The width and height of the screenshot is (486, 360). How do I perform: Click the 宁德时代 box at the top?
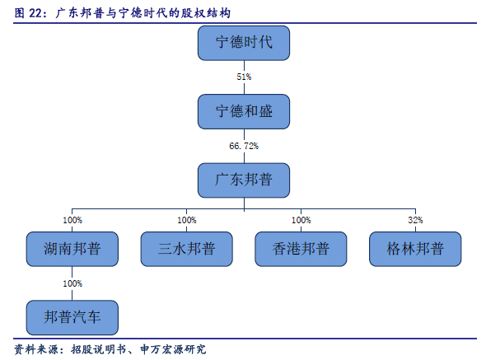pos(244,43)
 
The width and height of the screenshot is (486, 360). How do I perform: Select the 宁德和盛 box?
pos(244,112)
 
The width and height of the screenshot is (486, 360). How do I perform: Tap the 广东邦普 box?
pos(244,180)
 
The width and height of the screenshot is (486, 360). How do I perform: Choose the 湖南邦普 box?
pos(72,249)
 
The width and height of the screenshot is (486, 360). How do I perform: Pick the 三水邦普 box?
pos(187,249)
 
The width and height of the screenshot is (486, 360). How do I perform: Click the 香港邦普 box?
pos(301,249)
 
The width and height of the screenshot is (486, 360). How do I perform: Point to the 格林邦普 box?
pos(415,249)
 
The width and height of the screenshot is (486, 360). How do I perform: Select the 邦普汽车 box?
pos(72,317)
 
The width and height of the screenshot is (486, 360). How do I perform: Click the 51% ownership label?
pos(244,77)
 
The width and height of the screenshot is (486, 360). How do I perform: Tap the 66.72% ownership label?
pos(244,146)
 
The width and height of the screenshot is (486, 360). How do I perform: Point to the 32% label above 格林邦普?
pos(415,220)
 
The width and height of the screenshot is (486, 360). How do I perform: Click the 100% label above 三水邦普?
pos(187,220)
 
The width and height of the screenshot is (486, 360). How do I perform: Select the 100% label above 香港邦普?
pos(301,220)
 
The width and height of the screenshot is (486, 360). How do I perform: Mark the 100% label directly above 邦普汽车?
pos(72,283)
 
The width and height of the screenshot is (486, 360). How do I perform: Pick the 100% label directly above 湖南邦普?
pos(72,220)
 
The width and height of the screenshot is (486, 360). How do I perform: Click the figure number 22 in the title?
pos(35,13)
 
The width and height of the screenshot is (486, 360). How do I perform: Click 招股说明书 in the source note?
pos(99,349)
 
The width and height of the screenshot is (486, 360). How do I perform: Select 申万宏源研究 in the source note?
pos(173,349)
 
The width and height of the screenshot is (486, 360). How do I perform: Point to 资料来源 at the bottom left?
pos(36,349)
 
